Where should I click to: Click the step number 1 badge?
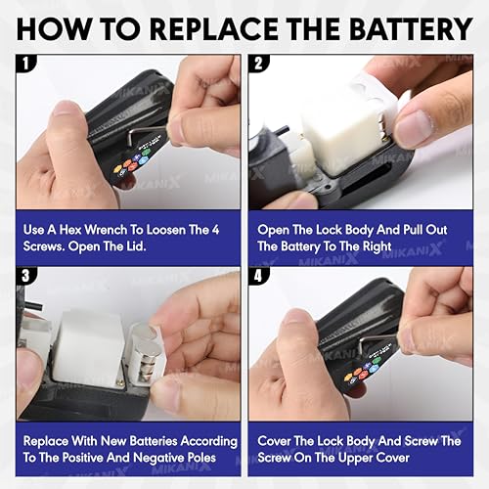(26, 63)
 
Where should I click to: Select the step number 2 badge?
(258, 63)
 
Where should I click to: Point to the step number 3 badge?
(26, 276)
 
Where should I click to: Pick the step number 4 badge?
(258, 276)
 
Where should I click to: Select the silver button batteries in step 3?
(149, 355)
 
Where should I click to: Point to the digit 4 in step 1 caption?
(215, 230)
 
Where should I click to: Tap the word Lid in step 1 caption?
(136, 246)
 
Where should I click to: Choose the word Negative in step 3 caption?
(158, 458)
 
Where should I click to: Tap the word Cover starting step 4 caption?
(274, 441)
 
